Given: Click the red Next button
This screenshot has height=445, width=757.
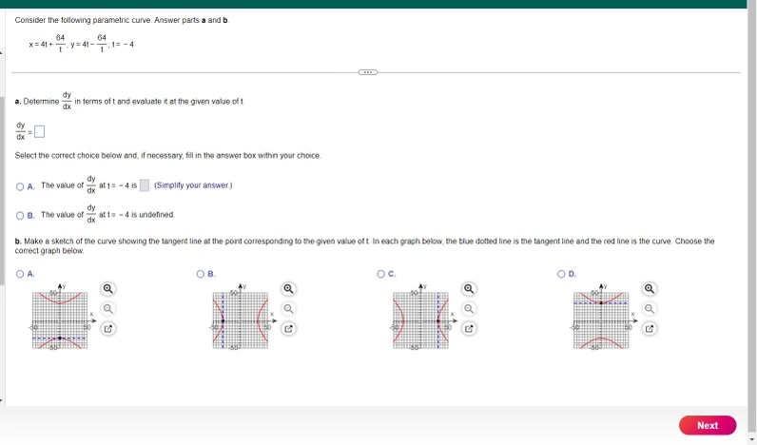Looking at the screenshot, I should pyautogui.click(x=708, y=425).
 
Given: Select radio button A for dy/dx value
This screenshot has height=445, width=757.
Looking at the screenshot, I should pyautogui.click(x=20, y=185).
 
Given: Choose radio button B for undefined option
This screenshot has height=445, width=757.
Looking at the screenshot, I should pyautogui.click(x=20, y=215).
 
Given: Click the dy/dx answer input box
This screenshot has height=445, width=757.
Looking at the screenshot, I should pyautogui.click(x=39, y=131).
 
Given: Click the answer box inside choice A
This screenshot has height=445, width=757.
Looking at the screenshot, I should pyautogui.click(x=145, y=185).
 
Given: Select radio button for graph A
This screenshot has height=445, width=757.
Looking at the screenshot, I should pyautogui.click(x=20, y=274).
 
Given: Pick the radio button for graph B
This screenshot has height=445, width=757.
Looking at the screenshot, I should pyautogui.click(x=201, y=274).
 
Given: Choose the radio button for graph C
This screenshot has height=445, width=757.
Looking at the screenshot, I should pyautogui.click(x=380, y=274).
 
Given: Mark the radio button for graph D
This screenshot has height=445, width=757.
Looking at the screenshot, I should pyautogui.click(x=561, y=274).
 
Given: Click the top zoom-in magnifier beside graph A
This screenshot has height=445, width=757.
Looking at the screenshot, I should pyautogui.click(x=108, y=288).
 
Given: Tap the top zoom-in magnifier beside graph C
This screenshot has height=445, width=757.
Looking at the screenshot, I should pyautogui.click(x=469, y=288).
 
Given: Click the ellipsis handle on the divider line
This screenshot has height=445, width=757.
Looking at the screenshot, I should pyautogui.click(x=368, y=72).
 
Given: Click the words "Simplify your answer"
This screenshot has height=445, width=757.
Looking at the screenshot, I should pyautogui.click(x=193, y=185).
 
